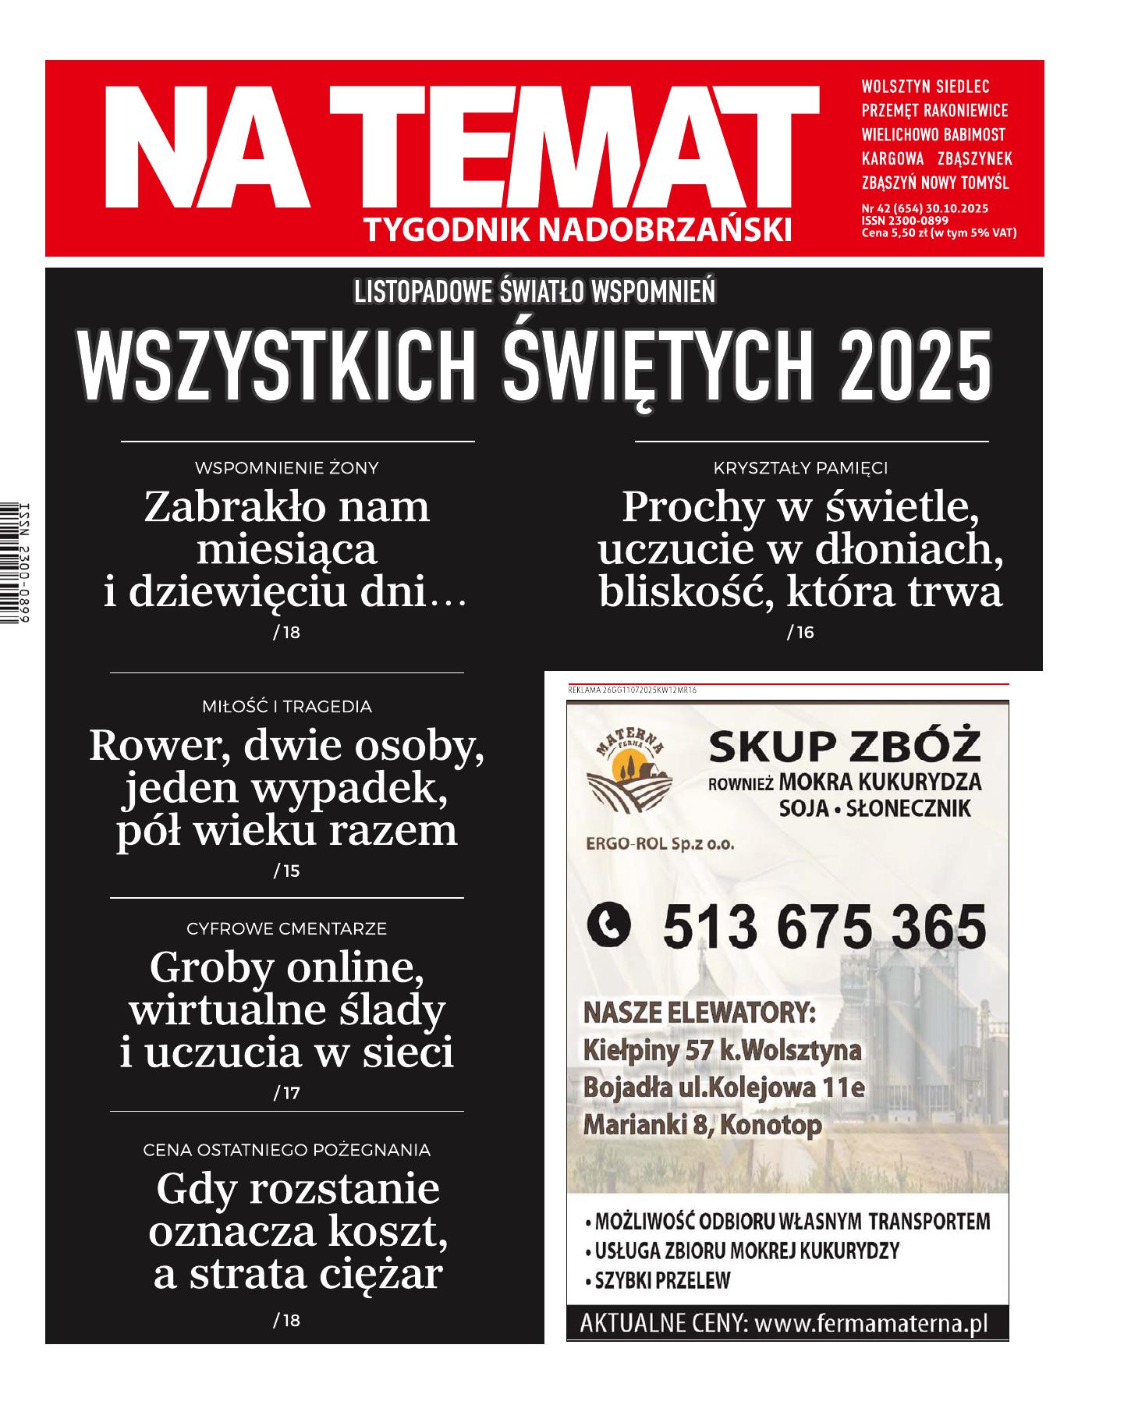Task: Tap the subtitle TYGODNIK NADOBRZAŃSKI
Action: [577, 229]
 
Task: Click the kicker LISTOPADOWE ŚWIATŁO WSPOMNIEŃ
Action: [534, 292]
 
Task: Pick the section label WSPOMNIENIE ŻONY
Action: [286, 468]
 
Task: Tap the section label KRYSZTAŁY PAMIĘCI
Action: [800, 468]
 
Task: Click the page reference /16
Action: [800, 633]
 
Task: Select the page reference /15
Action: [286, 871]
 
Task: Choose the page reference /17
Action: [286, 1094]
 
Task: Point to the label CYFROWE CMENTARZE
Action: [286, 929]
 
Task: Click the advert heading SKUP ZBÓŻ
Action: [844, 750]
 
